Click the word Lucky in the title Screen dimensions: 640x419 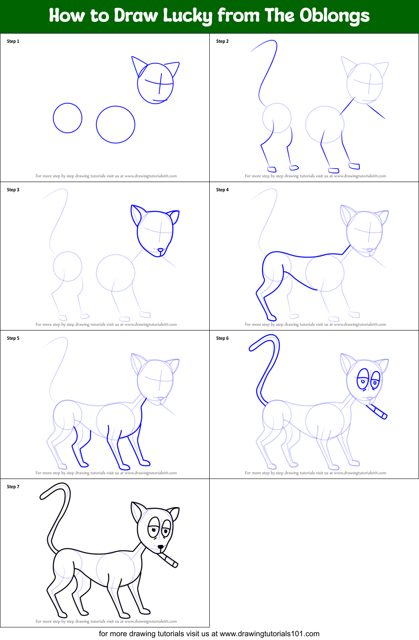(187, 16)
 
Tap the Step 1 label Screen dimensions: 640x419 (13, 41)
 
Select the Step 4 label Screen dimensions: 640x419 (222, 190)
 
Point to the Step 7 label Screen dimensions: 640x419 (13, 487)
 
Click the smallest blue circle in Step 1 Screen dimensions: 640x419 (68, 118)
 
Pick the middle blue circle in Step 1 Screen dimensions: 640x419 (115, 125)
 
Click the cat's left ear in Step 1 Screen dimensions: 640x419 (138, 65)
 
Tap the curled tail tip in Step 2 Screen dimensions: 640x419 (254, 49)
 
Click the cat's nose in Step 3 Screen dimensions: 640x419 (160, 250)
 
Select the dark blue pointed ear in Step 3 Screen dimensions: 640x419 (136, 215)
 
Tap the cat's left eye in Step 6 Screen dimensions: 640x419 (362, 379)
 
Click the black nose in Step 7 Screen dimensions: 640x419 (161, 547)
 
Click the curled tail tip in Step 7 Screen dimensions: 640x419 (44, 495)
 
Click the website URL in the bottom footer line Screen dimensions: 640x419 (269, 634)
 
